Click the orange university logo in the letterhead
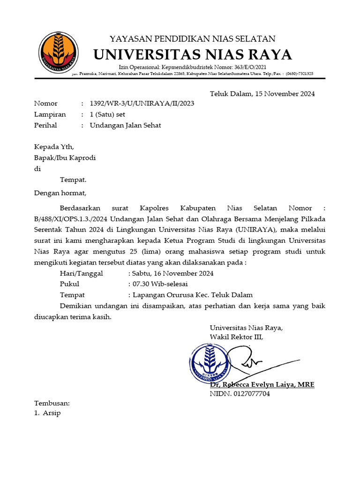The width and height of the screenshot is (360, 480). pos(58,52)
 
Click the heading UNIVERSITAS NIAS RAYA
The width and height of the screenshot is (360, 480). pos(193,55)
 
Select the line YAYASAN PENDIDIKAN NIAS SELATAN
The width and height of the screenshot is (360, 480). pos(193,38)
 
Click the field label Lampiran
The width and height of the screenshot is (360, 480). pos(50,114)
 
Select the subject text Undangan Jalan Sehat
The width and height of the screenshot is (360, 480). pos(125,126)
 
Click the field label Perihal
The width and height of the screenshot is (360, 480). pos(45,126)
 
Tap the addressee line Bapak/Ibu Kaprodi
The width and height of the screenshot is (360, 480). pos(65,157)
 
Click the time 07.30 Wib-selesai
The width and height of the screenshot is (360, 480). pos(158,284)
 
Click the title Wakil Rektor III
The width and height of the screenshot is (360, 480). pos(236,337)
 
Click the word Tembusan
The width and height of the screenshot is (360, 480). pos(52,403)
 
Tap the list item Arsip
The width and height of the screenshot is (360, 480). pos(52,413)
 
